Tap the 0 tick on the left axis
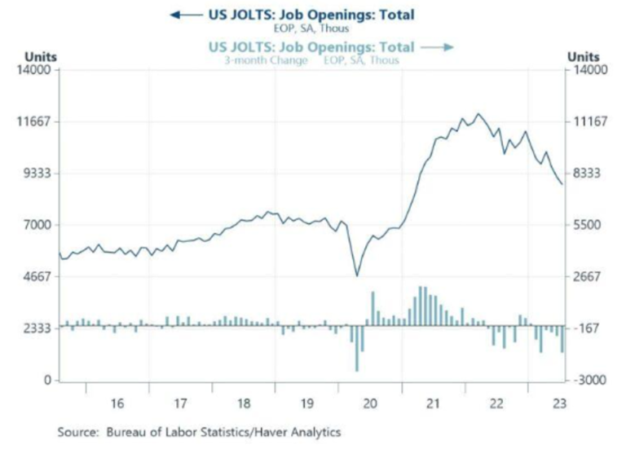48,381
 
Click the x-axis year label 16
117,403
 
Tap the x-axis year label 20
369,403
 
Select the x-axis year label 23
559,403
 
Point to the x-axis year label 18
243,403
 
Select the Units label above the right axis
583,56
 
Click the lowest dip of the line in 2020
356,275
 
